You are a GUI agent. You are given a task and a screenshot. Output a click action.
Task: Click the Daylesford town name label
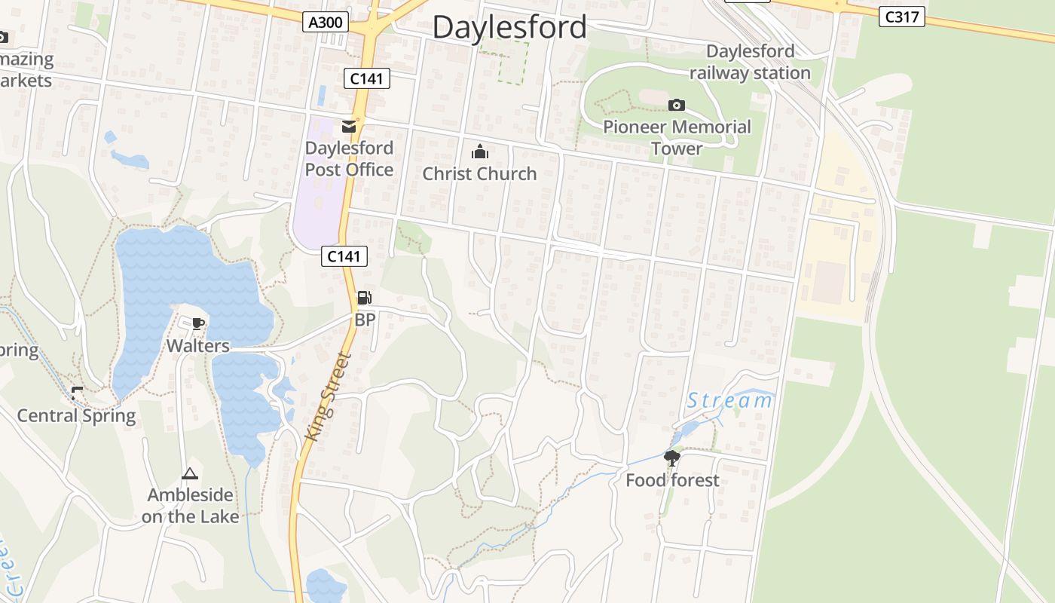(x=509, y=27)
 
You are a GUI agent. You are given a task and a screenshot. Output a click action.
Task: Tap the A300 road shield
(x=326, y=23)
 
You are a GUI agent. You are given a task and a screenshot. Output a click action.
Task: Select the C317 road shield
(x=901, y=17)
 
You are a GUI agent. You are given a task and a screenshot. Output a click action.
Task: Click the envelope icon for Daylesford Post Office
(x=349, y=127)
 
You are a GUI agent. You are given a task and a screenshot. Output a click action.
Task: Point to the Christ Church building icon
(x=479, y=152)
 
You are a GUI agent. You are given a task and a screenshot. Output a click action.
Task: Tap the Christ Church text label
(x=479, y=173)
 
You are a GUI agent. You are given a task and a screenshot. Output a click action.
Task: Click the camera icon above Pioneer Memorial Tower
(x=677, y=106)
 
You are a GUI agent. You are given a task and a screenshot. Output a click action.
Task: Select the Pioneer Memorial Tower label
(x=677, y=137)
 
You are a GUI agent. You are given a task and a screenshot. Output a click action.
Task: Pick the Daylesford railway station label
(x=750, y=62)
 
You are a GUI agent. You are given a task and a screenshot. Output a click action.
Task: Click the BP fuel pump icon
(x=364, y=298)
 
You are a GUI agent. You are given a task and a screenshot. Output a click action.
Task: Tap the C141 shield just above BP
(x=344, y=256)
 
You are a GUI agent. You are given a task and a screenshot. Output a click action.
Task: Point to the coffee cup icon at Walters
(x=198, y=324)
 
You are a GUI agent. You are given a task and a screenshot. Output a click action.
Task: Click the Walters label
(x=197, y=346)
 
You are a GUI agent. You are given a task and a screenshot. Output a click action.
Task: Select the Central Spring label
(x=76, y=415)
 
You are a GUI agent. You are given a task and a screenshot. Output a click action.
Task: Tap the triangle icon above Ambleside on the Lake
(x=190, y=474)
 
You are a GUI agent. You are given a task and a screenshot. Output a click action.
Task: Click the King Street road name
(x=329, y=396)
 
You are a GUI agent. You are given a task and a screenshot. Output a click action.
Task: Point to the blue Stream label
(x=729, y=400)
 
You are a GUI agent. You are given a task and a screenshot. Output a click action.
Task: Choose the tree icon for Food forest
(x=671, y=458)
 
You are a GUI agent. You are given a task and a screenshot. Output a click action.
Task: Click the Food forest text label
(x=672, y=480)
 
